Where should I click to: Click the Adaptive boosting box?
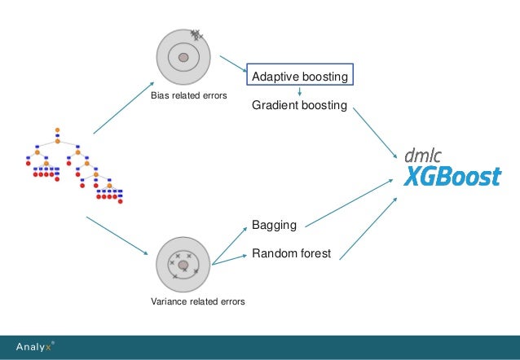pyautogui.click(x=300, y=76)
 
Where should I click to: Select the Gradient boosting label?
pyautogui.click(x=300, y=106)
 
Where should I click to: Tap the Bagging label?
pyautogui.click(x=274, y=224)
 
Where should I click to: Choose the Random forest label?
pyautogui.click(x=291, y=254)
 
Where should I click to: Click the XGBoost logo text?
pyautogui.click(x=452, y=175)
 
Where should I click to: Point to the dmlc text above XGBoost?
pyautogui.click(x=425, y=154)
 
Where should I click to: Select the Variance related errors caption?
pyautogui.click(x=197, y=302)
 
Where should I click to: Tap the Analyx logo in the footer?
pyautogui.click(x=35, y=347)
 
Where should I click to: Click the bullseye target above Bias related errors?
pyautogui.click(x=183, y=57)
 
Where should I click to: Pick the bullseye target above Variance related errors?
pyautogui.click(x=183, y=265)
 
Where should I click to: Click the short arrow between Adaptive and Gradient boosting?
pyautogui.click(x=300, y=92)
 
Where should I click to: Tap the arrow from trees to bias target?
pyautogui.click(x=123, y=108)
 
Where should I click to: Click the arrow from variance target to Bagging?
pyautogui.click(x=229, y=245)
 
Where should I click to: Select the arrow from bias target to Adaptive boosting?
pyautogui.click(x=235, y=68)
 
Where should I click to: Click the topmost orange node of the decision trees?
pyautogui.click(x=58, y=130)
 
